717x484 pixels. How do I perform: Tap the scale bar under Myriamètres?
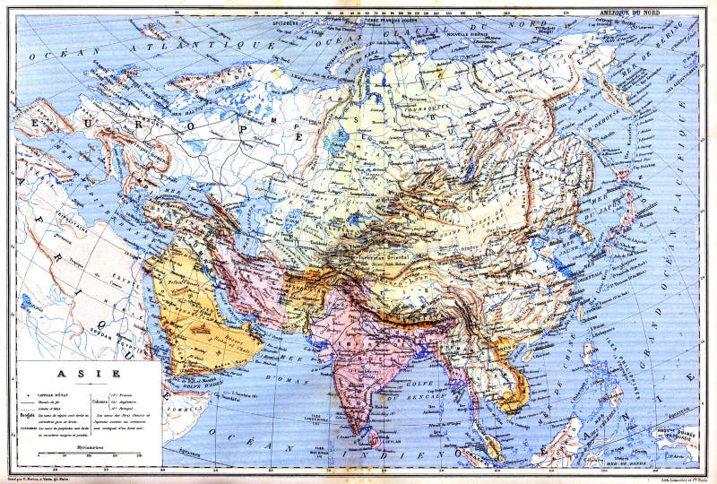coord(88,455)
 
